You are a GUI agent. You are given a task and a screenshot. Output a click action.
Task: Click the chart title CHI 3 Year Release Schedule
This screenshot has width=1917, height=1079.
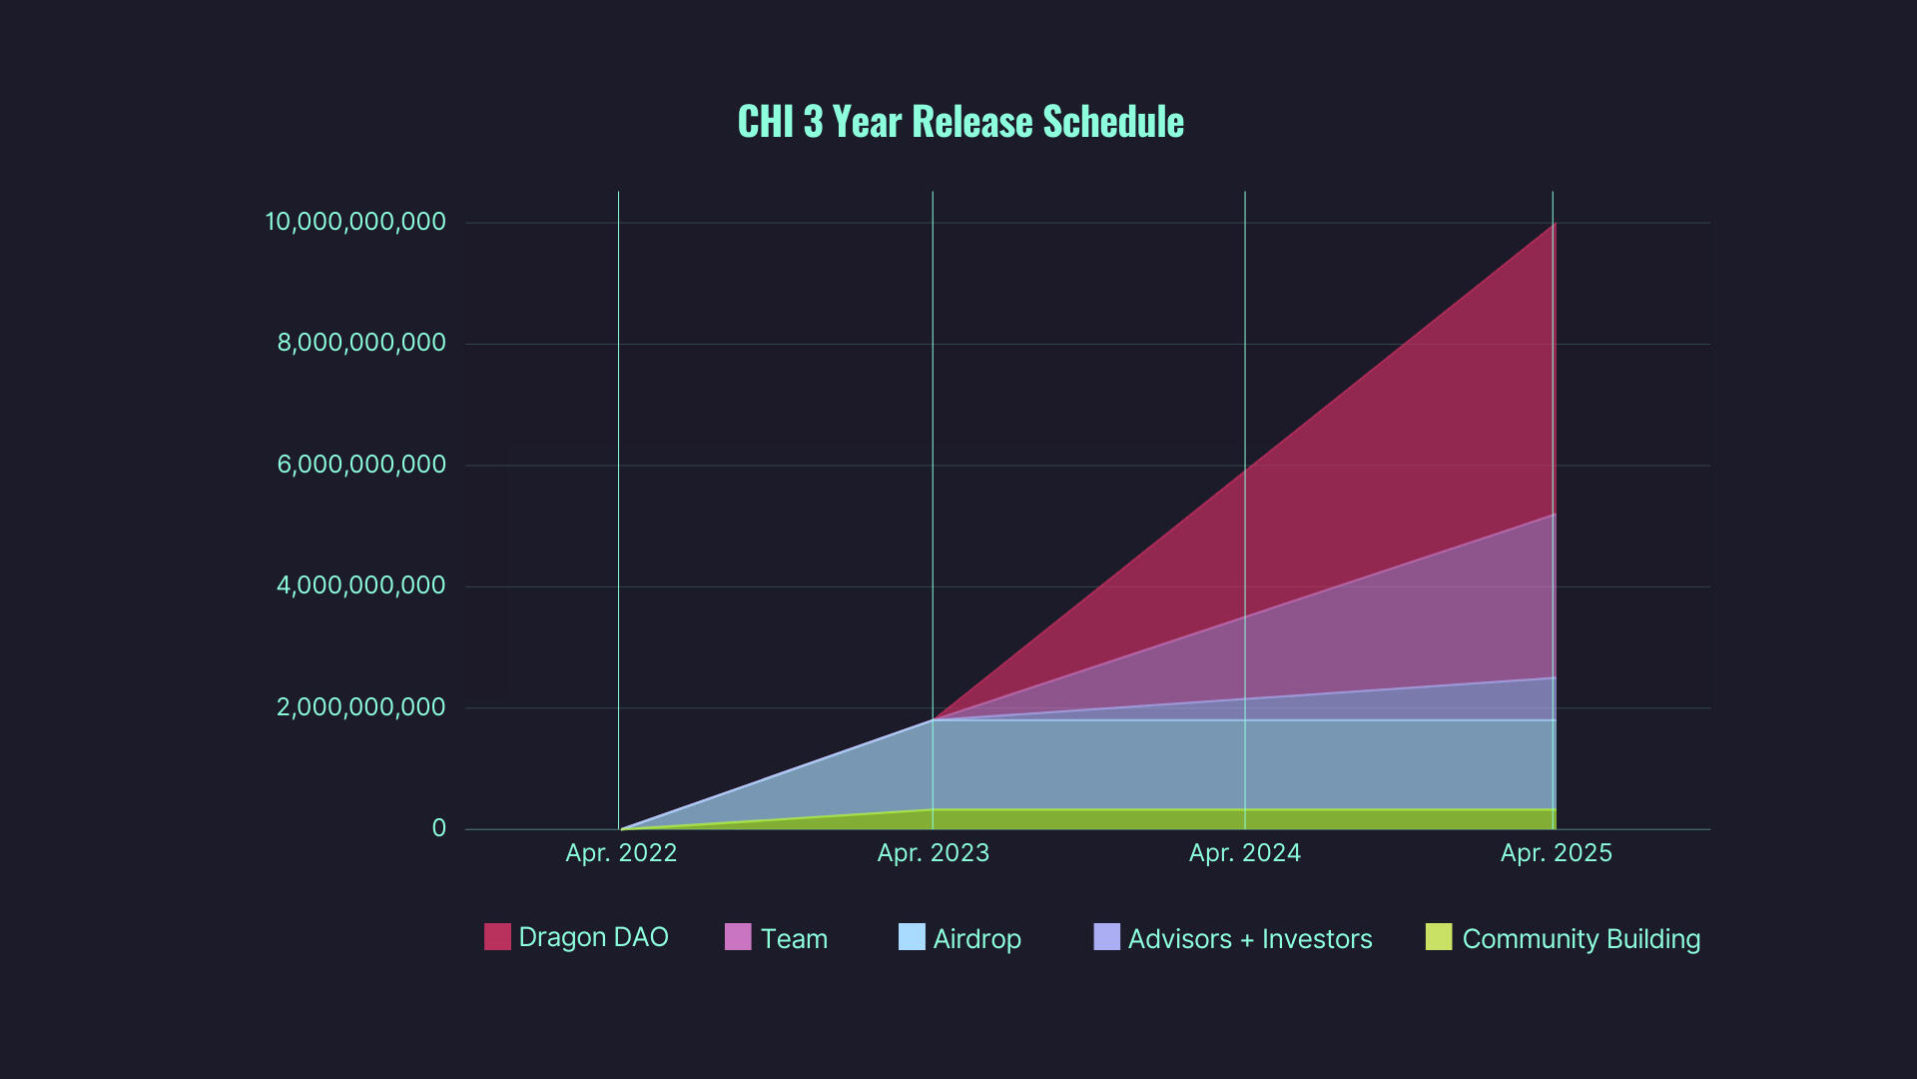point(960,122)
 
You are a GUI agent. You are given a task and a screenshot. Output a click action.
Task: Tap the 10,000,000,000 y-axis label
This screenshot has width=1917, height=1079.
point(354,222)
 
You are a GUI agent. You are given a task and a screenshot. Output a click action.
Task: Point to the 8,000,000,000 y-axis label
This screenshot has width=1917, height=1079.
point(360,343)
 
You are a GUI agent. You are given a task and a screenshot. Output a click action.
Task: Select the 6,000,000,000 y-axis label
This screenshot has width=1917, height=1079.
point(360,465)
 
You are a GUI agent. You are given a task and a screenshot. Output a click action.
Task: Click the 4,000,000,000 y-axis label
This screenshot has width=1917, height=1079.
point(360,585)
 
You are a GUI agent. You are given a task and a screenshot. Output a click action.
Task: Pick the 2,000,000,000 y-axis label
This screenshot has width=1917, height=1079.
point(360,707)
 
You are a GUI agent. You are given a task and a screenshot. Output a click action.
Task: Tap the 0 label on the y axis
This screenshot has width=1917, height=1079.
point(438,828)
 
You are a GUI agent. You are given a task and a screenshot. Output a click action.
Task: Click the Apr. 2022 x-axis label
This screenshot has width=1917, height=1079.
point(621,853)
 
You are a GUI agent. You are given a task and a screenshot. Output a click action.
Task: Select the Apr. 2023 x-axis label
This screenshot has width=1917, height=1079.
point(933,853)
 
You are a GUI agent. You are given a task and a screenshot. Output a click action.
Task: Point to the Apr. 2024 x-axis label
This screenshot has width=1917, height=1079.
point(1244,853)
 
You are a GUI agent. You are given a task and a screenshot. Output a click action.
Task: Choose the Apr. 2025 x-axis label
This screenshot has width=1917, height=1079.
point(1556,853)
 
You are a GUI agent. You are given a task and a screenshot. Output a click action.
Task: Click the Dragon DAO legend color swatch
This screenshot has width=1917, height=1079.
point(497,937)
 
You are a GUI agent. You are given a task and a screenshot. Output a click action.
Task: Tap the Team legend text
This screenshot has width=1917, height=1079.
point(794,939)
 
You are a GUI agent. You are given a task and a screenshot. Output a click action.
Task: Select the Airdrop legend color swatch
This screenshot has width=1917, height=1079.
point(912,937)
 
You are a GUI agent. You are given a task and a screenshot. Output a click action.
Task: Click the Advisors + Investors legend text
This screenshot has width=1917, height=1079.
point(1250,939)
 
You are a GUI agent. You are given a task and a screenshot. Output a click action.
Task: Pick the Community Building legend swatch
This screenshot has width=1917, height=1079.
point(1439,937)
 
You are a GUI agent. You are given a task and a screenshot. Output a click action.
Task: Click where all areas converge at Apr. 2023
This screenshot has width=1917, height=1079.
point(934,719)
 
